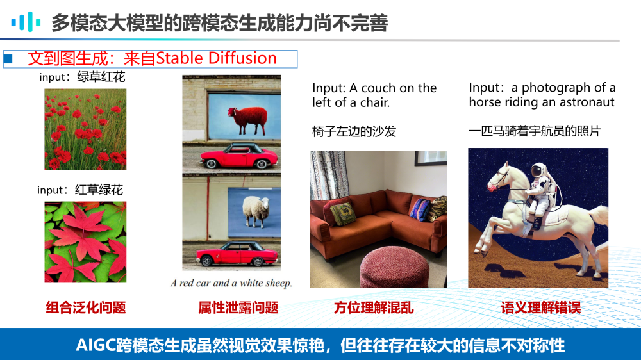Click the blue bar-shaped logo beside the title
(x=26, y=22)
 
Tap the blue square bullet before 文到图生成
(x=8, y=59)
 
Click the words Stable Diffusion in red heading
(x=216, y=58)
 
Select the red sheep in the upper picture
(x=247, y=120)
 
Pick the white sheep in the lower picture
(x=256, y=211)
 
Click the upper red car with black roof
(x=238, y=156)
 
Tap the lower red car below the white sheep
(x=237, y=254)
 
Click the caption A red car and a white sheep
(x=231, y=282)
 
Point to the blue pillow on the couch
(x=420, y=209)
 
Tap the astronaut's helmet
(x=539, y=170)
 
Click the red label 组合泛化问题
(x=86, y=307)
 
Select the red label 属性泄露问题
(x=238, y=307)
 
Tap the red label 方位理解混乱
(x=374, y=307)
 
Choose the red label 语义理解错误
(x=541, y=307)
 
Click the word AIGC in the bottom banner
(x=96, y=345)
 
